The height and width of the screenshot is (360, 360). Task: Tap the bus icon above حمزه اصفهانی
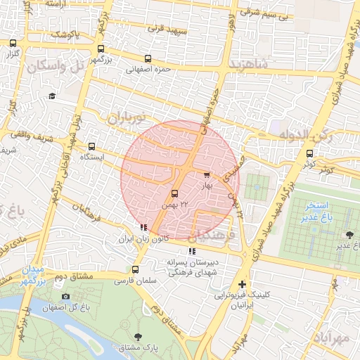pyautogui.click(x=148, y=59)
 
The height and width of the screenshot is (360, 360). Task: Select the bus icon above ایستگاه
pyautogui.click(x=92, y=146)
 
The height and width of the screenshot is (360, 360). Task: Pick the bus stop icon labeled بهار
pyautogui.click(x=207, y=175)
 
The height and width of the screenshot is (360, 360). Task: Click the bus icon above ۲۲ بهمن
pyautogui.click(x=175, y=193)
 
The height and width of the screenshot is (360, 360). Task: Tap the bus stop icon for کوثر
pyautogui.click(x=309, y=154)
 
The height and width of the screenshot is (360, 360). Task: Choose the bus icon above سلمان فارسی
pyautogui.click(x=135, y=269)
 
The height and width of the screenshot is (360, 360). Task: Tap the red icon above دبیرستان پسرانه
pyautogui.click(x=191, y=251)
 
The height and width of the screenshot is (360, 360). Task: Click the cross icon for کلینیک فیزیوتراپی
pyautogui.click(x=243, y=284)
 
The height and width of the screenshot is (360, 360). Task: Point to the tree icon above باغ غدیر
pyautogui.click(x=350, y=235)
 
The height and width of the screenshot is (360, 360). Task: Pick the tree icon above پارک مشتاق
pyautogui.click(x=137, y=337)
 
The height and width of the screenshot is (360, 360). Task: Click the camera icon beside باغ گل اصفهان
pyautogui.click(x=66, y=296)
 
